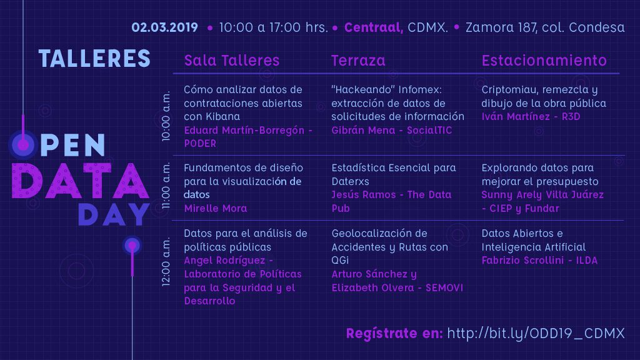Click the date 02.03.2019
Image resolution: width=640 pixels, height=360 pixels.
pos(164,27)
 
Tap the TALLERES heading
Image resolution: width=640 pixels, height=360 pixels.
pos(95,58)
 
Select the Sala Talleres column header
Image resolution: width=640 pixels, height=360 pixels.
pos(231,61)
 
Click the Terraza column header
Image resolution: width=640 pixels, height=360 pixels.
pos(358,61)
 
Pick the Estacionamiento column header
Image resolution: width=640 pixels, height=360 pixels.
pos(544,61)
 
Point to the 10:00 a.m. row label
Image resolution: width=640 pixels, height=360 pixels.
pos(166,116)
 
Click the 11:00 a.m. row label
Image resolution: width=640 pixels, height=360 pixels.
pos(166,186)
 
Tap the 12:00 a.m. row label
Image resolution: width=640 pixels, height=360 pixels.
pos(166,262)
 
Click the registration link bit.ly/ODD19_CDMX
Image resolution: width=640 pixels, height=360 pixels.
pos(536,334)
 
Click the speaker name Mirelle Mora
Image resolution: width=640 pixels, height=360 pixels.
pos(216,208)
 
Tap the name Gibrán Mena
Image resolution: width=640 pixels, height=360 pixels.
pos(363,130)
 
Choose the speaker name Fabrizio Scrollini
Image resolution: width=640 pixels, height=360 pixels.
pos(523,261)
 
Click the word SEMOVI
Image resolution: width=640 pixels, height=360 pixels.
pos(444,287)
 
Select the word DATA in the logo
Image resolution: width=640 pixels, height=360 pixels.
pos(81,181)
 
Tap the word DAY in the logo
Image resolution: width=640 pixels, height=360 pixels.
pos(114,214)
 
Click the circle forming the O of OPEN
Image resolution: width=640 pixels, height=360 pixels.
pos(23,144)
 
